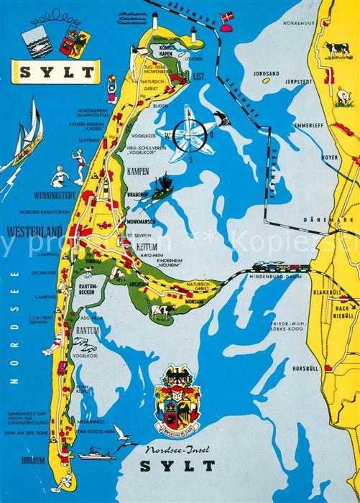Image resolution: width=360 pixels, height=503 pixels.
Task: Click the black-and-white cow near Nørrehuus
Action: pyautogui.click(x=334, y=48)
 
